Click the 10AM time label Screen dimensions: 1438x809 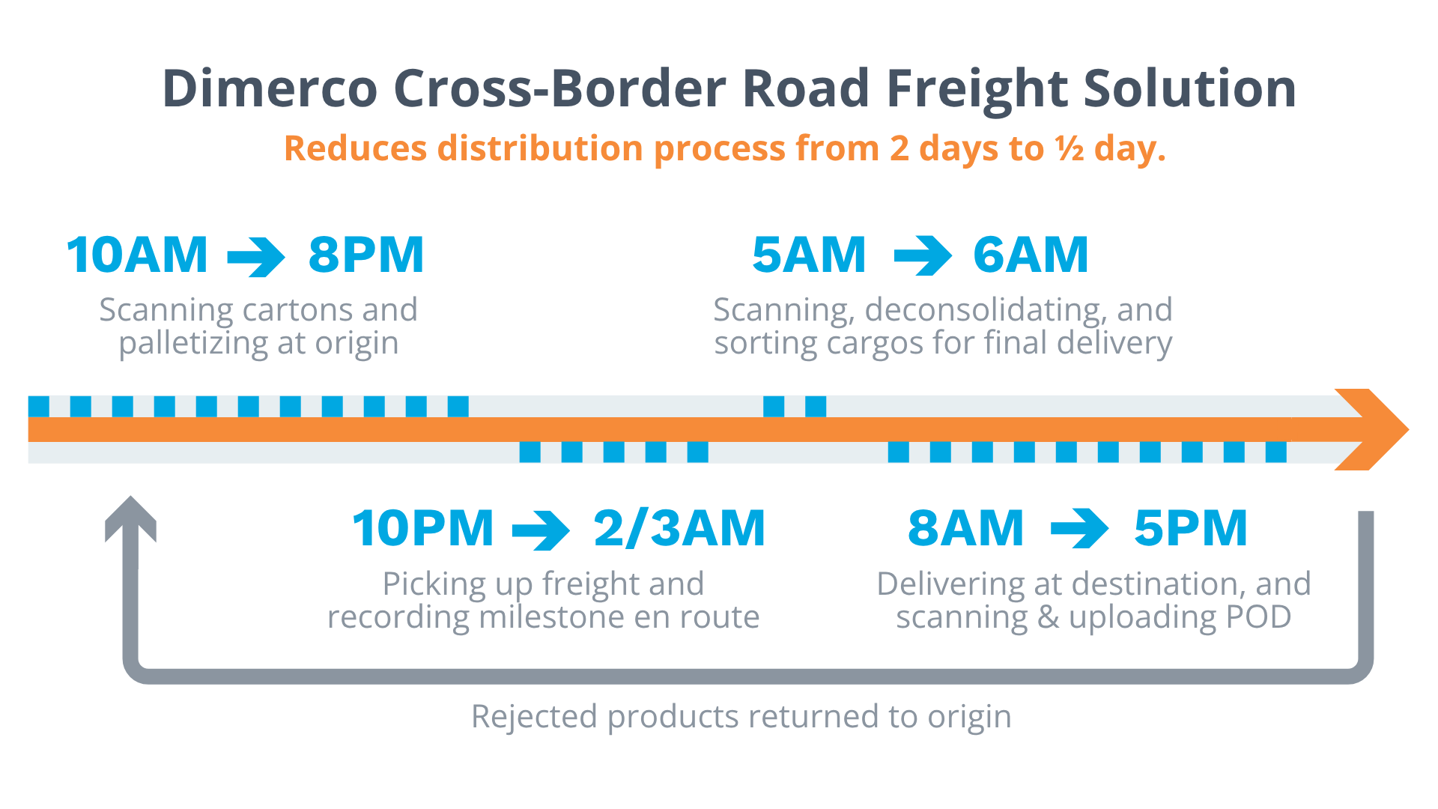[137, 255]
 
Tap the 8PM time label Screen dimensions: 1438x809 [366, 255]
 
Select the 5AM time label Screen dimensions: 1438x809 [809, 255]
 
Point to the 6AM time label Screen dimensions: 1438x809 [1031, 255]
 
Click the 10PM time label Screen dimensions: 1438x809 [423, 528]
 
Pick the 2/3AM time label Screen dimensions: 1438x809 [679, 528]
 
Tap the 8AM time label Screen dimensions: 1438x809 [965, 528]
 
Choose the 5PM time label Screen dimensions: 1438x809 [1191, 528]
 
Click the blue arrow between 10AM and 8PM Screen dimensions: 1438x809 [256, 256]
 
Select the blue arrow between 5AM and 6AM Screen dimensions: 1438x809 [923, 256]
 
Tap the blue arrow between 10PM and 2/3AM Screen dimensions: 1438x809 [541, 530]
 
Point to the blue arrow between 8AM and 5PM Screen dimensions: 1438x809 [1080, 530]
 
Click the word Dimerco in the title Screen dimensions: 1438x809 [270, 88]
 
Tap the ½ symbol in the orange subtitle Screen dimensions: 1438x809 [1070, 148]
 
